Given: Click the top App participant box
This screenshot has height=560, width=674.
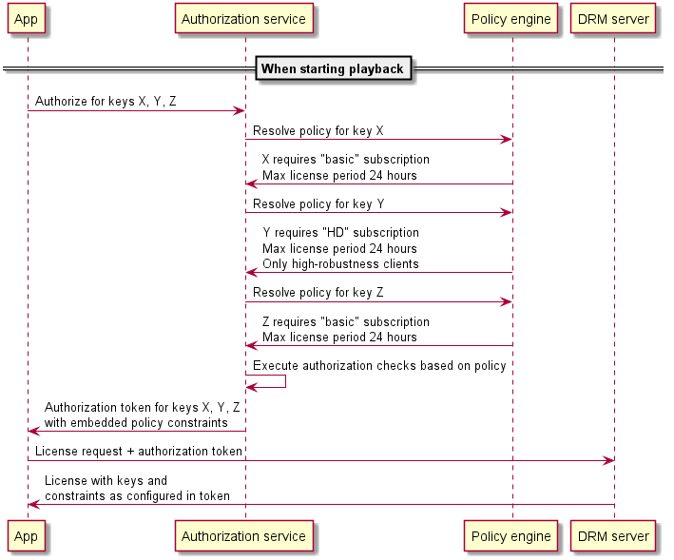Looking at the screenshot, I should (x=27, y=19).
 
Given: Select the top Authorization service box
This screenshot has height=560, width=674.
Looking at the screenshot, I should (x=243, y=19).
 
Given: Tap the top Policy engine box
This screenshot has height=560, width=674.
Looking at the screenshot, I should (x=511, y=19).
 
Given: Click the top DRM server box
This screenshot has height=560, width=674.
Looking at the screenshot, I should (x=613, y=19).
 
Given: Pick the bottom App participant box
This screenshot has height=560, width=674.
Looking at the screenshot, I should (x=27, y=536).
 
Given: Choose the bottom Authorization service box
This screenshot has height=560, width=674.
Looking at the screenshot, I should (x=243, y=536).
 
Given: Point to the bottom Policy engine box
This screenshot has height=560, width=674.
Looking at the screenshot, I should (x=511, y=536).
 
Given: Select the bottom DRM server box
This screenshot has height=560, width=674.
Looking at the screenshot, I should (x=613, y=536).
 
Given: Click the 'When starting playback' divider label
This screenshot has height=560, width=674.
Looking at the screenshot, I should (x=333, y=68).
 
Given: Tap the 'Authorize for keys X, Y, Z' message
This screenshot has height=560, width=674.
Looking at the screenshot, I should (x=106, y=101).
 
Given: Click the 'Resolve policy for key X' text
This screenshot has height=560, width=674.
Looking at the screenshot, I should (x=318, y=130).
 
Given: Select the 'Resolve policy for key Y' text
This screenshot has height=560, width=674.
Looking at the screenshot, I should (x=318, y=203).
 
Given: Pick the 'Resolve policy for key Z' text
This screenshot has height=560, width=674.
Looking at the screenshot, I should (x=318, y=292).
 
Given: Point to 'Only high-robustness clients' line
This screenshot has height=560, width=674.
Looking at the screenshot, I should (x=339, y=263).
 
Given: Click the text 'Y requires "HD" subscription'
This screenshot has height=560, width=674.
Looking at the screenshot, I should (x=340, y=233).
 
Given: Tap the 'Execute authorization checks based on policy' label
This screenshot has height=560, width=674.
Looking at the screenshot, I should (x=379, y=366).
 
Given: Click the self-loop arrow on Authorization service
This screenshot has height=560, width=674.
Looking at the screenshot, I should (x=276, y=382).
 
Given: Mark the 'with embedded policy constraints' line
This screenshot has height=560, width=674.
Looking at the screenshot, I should (x=136, y=422).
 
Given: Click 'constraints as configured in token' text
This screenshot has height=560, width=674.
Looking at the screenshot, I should (x=137, y=496).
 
